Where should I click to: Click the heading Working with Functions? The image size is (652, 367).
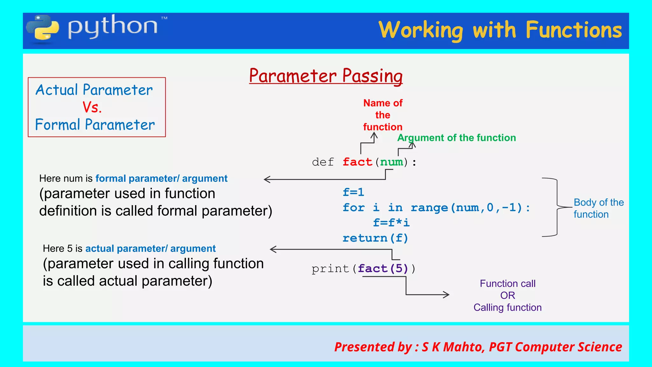click(500, 30)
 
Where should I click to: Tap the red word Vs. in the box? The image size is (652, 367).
click(92, 107)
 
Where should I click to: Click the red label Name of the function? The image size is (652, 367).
click(383, 115)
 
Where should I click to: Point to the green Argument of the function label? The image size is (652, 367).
click(457, 138)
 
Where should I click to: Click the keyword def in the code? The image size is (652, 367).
click(323, 162)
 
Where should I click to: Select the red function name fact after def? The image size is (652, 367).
click(357, 162)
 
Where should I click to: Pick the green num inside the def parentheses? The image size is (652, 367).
click(392, 162)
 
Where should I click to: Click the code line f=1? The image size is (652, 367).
click(353, 192)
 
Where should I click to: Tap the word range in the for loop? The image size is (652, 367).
click(429, 208)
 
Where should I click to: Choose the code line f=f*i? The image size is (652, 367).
click(391, 223)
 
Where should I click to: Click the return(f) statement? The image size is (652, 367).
click(375, 238)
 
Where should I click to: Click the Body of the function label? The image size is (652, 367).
click(599, 208)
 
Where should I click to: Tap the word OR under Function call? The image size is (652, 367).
click(507, 295)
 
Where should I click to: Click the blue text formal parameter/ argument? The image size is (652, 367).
click(161, 178)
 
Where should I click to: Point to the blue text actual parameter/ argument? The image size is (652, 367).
click(150, 248)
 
